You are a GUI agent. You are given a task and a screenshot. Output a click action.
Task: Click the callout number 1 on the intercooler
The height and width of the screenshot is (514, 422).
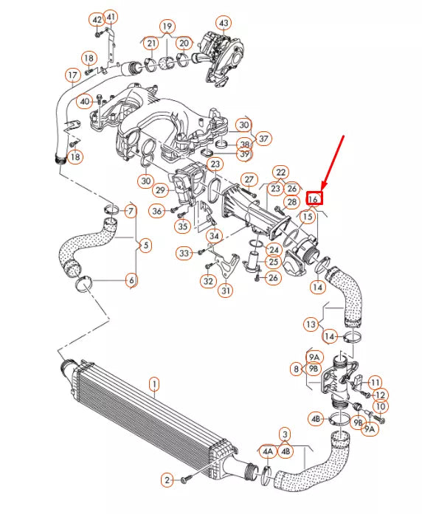point(154,383)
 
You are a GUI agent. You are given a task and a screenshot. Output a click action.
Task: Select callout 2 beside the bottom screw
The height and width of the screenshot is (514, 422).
point(167,480)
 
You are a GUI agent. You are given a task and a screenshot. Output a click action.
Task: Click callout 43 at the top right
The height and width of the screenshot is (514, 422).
point(224,23)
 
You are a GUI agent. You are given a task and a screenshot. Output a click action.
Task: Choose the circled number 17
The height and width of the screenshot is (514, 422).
point(72,75)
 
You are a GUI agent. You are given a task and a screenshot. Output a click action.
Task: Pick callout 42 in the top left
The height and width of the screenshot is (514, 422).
point(96,18)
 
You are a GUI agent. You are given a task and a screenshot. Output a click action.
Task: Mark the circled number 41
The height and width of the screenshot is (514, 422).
point(111,17)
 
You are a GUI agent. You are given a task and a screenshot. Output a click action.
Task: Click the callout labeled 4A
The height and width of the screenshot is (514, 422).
point(266,451)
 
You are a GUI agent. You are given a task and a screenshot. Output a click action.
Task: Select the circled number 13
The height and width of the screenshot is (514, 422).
point(313,324)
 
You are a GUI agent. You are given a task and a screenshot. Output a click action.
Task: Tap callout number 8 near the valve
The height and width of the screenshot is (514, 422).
point(296,368)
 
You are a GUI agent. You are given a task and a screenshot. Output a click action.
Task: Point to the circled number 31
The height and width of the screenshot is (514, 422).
point(226,291)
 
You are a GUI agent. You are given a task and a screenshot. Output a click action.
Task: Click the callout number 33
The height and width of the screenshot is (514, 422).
point(184,253)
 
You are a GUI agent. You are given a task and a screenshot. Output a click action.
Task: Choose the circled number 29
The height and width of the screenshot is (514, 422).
point(160,190)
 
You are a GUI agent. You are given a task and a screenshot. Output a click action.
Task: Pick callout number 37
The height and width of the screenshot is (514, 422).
point(264,137)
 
